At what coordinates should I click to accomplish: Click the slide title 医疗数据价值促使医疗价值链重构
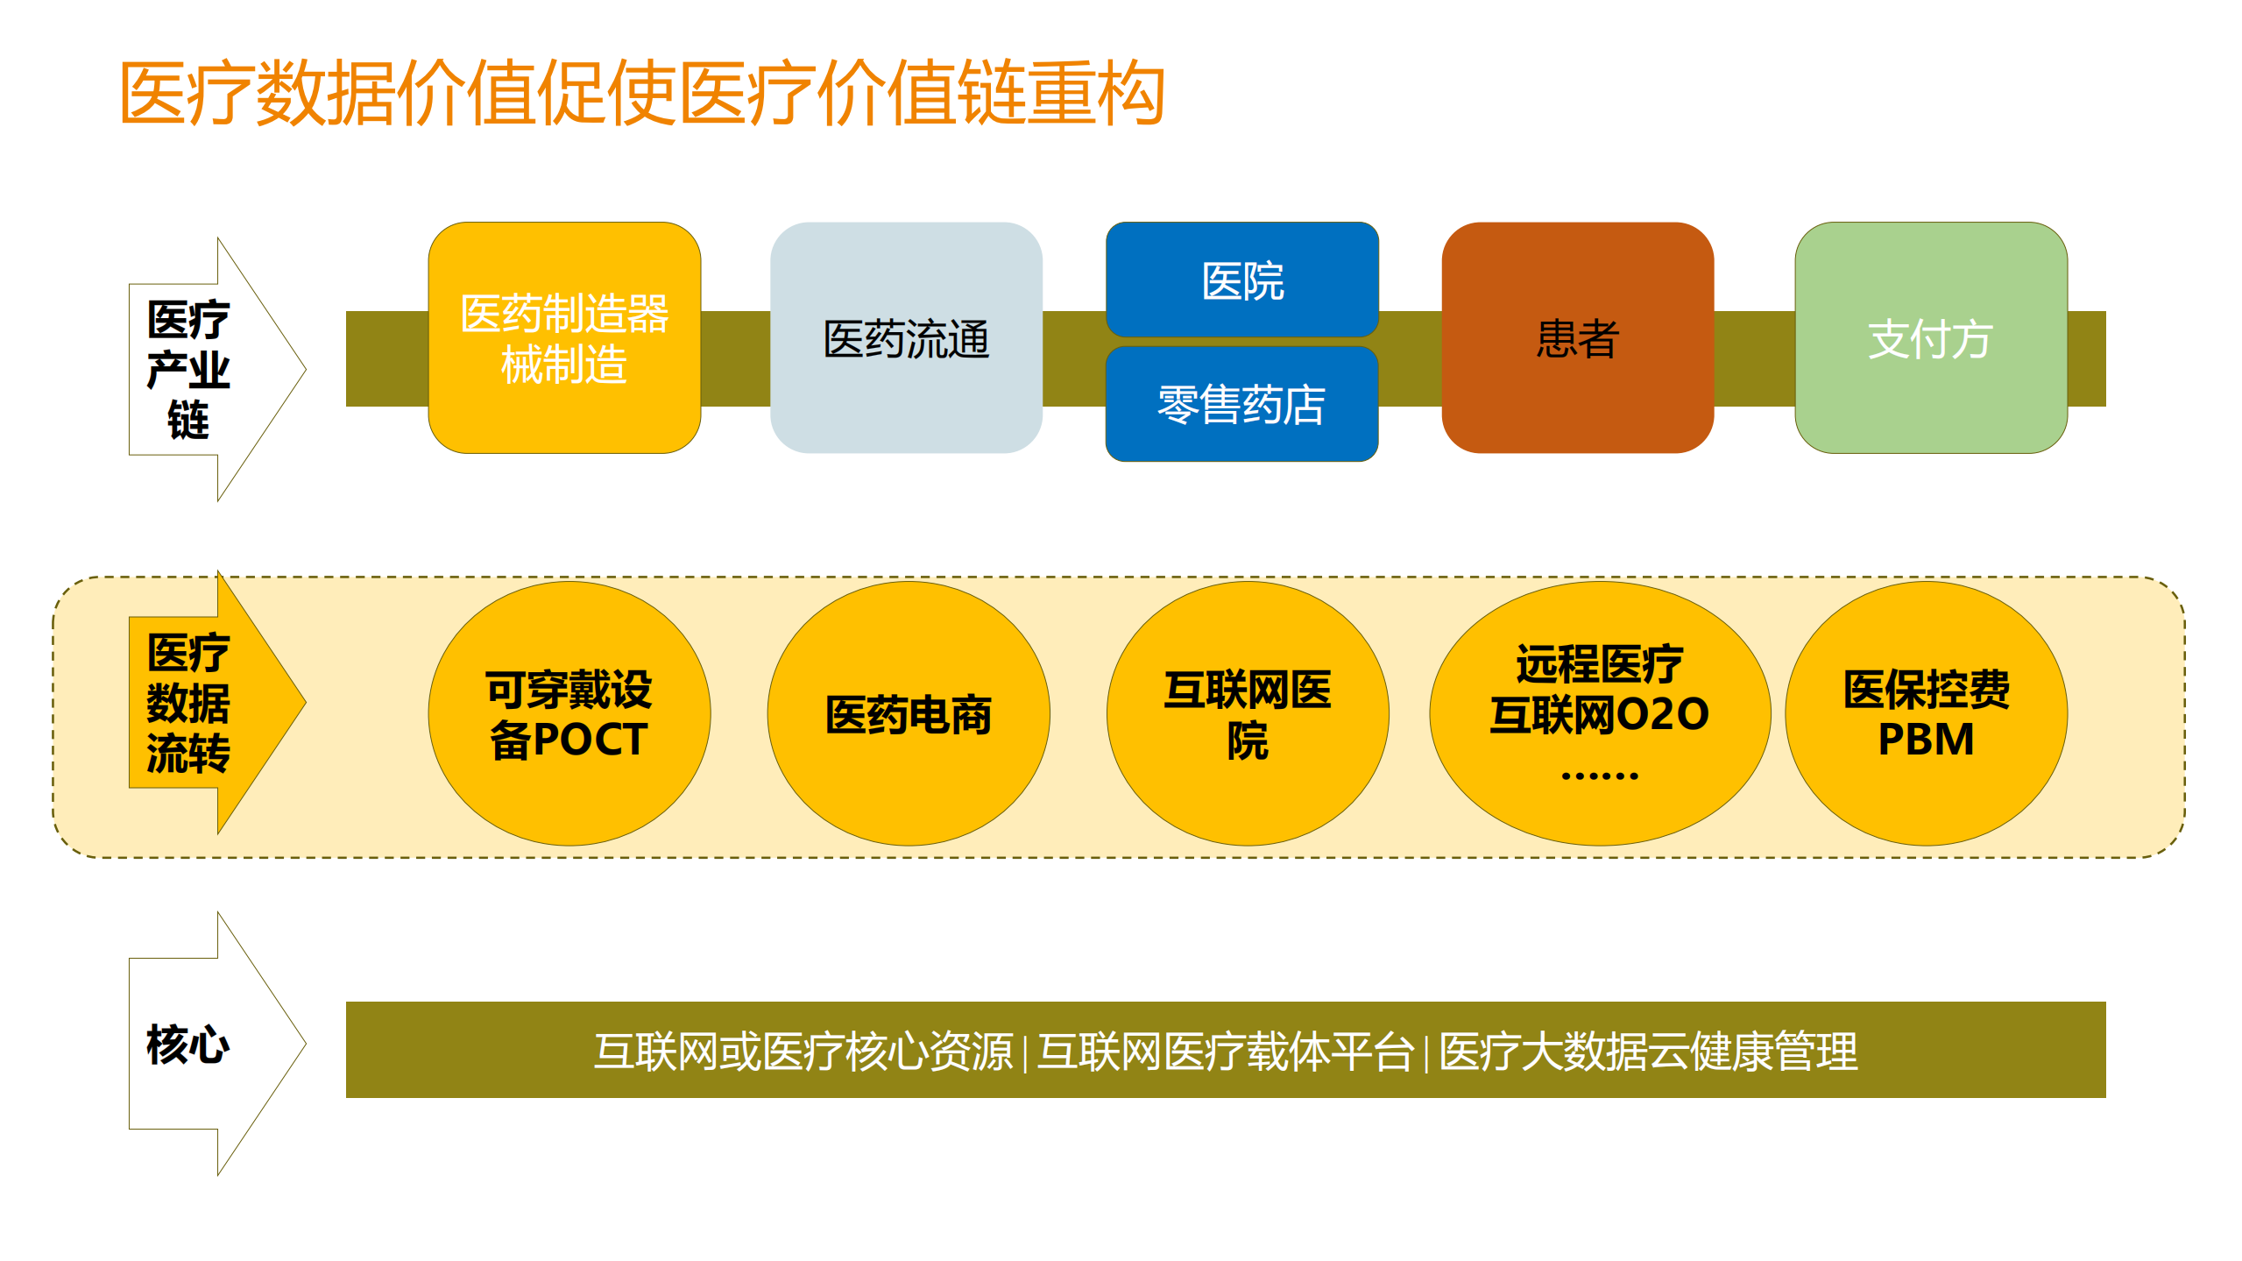coord(641,93)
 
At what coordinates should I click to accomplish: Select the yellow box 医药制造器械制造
coord(564,337)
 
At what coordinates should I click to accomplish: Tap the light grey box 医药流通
coord(906,337)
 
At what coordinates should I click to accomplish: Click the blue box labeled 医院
coord(1241,280)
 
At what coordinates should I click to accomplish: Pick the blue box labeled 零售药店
coord(1241,404)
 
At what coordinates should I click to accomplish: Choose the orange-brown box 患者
coord(1577,337)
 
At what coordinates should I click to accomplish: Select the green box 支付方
coord(1930,337)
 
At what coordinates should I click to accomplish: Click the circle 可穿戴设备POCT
coord(569,713)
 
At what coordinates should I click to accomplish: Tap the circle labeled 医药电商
coord(909,713)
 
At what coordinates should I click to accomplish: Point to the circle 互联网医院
coord(1247,713)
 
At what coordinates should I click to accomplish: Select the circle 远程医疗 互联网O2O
coord(1599,692)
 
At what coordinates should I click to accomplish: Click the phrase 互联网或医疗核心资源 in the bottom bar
coord(803,1051)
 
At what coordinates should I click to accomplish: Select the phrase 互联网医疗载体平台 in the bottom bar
coord(1225,1051)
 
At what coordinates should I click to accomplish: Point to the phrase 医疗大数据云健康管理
coord(1647,1051)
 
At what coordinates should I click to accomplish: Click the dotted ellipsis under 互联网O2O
coord(1599,776)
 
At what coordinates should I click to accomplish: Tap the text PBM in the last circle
coord(1926,739)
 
